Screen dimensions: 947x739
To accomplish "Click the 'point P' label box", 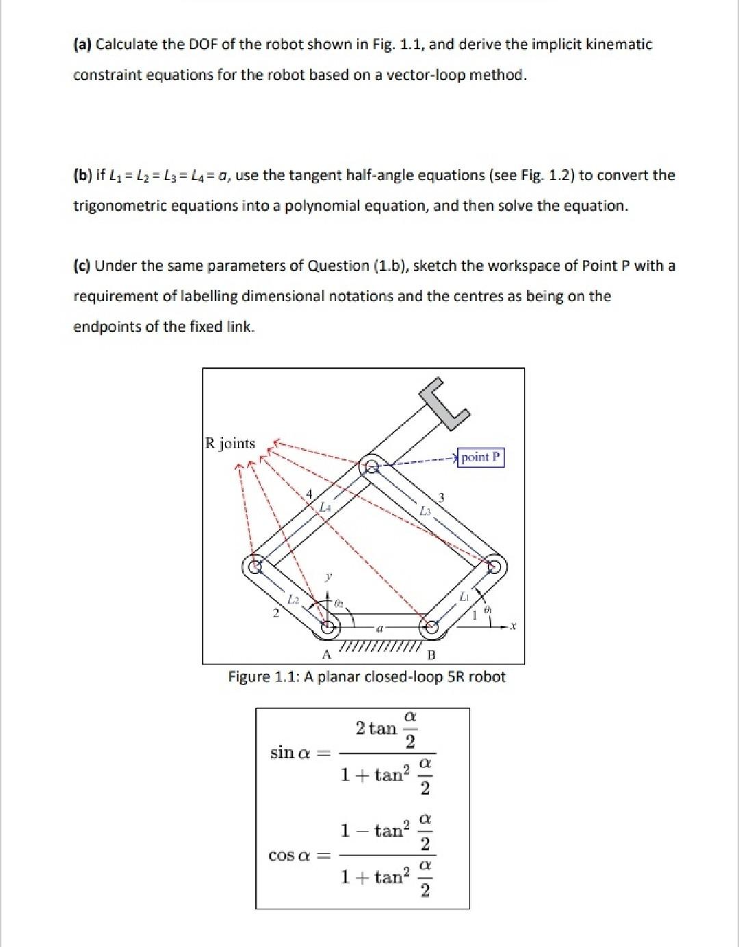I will [482, 457].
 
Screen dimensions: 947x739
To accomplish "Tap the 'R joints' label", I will [231, 443].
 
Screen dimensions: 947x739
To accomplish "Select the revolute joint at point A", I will [329, 625].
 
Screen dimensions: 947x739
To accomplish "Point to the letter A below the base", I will [326, 654].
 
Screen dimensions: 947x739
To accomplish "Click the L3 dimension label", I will [425, 511].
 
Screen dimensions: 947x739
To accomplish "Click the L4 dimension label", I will [326, 507].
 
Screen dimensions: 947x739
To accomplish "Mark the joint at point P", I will [372, 467].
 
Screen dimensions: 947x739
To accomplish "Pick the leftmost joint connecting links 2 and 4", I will [255, 567].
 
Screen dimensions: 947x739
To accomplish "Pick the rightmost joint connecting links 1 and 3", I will [493, 567].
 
